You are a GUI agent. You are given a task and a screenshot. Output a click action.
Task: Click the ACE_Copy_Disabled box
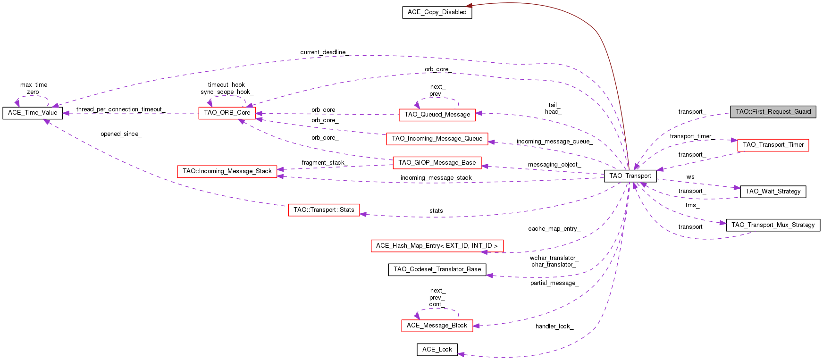pyautogui.click(x=437, y=12)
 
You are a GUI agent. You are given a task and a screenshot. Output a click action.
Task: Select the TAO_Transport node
pyautogui.click(x=630, y=176)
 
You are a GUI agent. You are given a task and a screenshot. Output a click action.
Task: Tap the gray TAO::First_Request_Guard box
pyautogui.click(x=773, y=112)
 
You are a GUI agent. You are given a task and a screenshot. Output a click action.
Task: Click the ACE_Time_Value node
pyautogui.click(x=33, y=113)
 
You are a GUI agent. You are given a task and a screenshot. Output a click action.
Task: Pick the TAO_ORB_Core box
pyautogui.click(x=227, y=113)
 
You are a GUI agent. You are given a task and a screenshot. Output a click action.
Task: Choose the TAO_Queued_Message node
pyautogui.click(x=437, y=115)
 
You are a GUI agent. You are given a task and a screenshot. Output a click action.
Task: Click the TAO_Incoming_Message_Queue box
pyautogui.click(x=437, y=139)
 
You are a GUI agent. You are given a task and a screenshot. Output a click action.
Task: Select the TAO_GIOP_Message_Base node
pyautogui.click(x=437, y=163)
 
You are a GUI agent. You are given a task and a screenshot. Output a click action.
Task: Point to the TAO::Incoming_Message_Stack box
pyautogui.click(x=227, y=171)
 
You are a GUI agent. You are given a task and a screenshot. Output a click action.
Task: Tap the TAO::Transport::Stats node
pyautogui.click(x=324, y=210)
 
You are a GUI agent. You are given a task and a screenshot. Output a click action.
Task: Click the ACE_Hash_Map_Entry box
pyautogui.click(x=437, y=246)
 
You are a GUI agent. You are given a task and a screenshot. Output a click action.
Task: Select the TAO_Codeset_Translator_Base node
pyautogui.click(x=437, y=269)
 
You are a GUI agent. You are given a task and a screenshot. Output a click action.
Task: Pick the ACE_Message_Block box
pyautogui.click(x=437, y=326)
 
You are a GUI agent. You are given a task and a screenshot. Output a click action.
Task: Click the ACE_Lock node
pyautogui.click(x=437, y=350)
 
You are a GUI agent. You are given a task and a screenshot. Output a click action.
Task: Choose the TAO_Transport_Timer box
pyautogui.click(x=773, y=145)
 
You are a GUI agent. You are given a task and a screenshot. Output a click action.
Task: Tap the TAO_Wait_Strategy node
pyautogui.click(x=773, y=192)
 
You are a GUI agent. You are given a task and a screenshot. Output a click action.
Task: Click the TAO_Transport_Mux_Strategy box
pyautogui.click(x=773, y=225)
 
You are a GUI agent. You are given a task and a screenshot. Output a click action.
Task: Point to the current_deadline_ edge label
pyautogui.click(x=325, y=52)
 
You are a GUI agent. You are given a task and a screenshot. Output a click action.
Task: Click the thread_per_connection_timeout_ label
pyautogui.click(x=120, y=109)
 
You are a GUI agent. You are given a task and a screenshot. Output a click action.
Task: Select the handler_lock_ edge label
pyautogui.click(x=554, y=327)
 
